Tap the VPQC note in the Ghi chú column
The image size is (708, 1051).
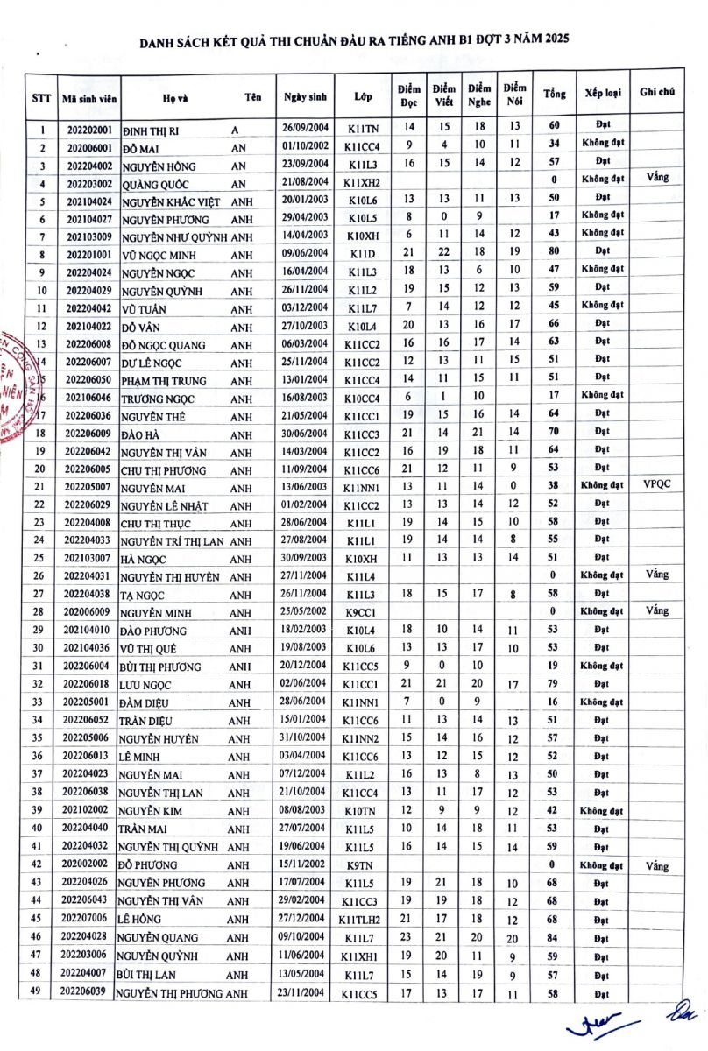tap(656, 483)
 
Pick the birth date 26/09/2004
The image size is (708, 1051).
tap(305, 129)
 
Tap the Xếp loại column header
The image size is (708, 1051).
tap(603, 94)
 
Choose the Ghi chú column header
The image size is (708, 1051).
tap(657, 94)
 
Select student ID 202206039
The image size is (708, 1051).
tap(89, 991)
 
